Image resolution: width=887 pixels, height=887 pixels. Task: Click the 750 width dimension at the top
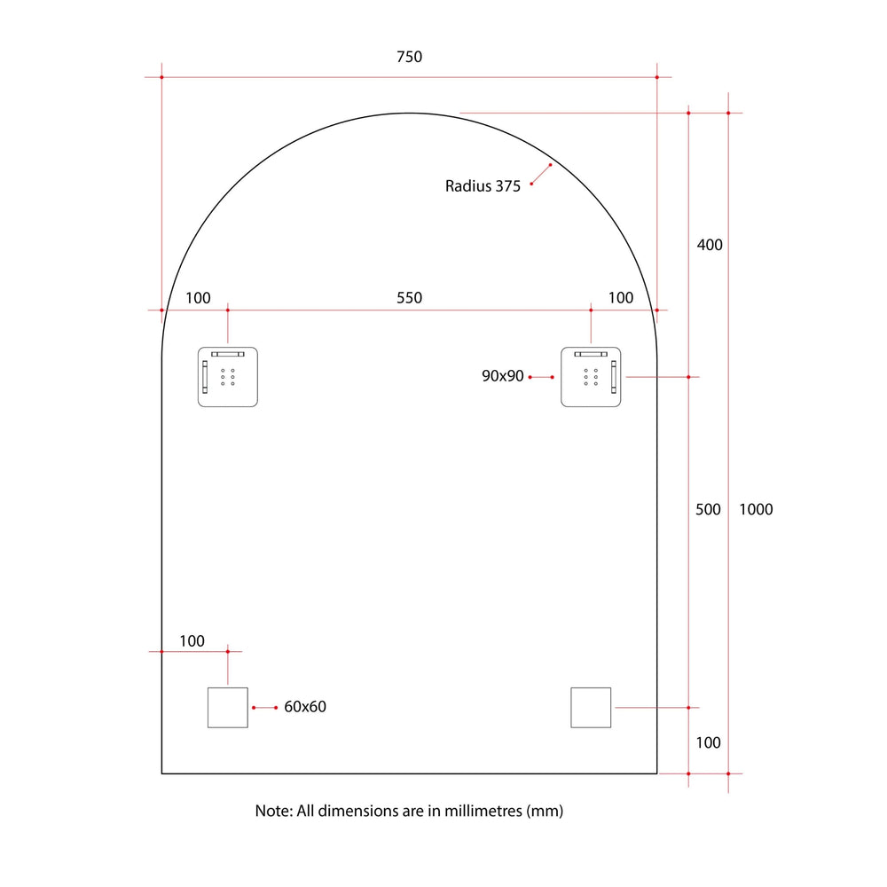click(x=409, y=57)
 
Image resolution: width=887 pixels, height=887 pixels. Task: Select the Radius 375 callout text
click(x=483, y=186)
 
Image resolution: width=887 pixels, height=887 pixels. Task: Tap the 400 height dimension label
click(x=710, y=245)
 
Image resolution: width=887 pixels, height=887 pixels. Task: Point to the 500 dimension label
click(x=708, y=509)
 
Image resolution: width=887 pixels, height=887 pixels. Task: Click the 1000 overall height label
click(x=756, y=509)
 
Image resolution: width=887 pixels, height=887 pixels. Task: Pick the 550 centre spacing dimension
click(x=409, y=298)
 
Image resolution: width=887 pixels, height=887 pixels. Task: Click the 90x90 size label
click(x=503, y=376)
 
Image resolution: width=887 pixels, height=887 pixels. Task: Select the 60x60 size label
click(x=305, y=707)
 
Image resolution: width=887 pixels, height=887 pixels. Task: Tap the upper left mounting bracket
click(x=227, y=377)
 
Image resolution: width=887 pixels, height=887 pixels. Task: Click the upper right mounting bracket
click(x=591, y=377)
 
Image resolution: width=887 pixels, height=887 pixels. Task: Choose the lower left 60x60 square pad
click(x=227, y=707)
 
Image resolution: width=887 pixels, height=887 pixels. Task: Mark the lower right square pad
click(x=591, y=707)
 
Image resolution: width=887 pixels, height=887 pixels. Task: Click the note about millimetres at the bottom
click(x=409, y=811)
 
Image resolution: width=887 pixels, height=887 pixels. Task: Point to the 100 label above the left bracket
click(x=199, y=298)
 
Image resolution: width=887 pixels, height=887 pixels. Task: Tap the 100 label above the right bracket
click(x=621, y=298)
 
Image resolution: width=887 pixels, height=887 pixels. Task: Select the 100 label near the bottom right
click(x=708, y=742)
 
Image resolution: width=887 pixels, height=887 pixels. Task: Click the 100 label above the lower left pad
click(x=192, y=641)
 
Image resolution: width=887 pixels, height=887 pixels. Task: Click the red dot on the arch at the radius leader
click(x=551, y=164)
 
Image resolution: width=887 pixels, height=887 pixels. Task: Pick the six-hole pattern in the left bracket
click(x=228, y=377)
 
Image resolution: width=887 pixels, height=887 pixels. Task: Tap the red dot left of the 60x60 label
click(x=254, y=707)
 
